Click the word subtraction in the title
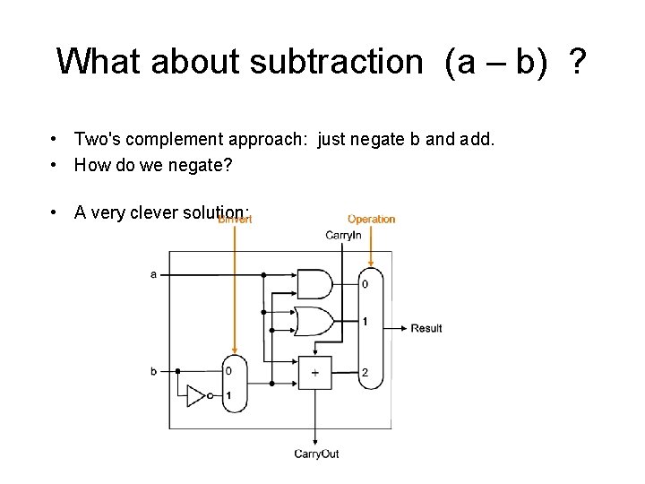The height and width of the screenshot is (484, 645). pos(336,62)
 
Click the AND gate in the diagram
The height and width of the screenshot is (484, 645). pos(314,284)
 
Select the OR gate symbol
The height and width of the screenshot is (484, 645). pos(314,321)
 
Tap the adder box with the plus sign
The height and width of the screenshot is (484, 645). pos(314,371)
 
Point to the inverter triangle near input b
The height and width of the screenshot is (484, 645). pos(197,394)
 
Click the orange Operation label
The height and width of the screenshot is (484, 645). pos(371,219)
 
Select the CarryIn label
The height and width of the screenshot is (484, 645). pos(343,235)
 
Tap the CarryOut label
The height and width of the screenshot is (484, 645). pos(316,454)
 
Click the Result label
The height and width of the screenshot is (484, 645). pos(426,328)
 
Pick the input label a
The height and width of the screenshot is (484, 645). pos(153,274)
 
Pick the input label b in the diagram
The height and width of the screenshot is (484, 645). pos(153,370)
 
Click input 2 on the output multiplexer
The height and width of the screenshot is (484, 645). pos(365,371)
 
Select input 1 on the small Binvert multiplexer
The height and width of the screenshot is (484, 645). pos(228,395)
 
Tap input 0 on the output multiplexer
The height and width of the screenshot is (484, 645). pos(365,284)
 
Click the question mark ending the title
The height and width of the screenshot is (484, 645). pos(578,62)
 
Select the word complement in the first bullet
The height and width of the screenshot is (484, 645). pos(178,139)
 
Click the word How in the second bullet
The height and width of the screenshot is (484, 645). pos(90,165)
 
